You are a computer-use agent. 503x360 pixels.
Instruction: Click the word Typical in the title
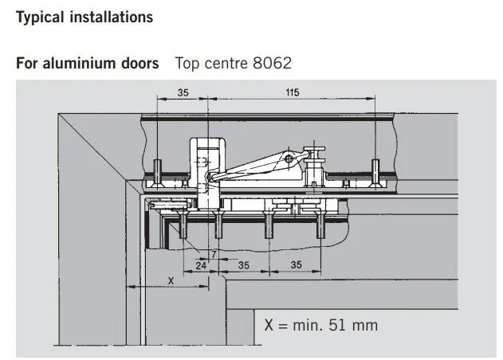[40, 18]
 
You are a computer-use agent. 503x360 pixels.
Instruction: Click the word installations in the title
[112, 17]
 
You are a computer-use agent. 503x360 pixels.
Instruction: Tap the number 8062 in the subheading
[273, 63]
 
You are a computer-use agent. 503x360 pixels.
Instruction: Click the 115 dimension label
[293, 92]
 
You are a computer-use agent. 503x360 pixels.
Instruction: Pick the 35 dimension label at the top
[183, 92]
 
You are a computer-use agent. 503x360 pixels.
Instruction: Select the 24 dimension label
[201, 265]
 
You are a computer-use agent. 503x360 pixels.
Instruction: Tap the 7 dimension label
[214, 254]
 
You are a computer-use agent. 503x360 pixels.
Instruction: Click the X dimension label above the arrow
[171, 281]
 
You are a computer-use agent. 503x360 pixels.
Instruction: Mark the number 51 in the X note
[337, 325]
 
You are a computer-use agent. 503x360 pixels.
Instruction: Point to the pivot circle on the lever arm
[289, 158]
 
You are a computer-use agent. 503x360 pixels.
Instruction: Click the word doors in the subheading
[140, 63]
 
